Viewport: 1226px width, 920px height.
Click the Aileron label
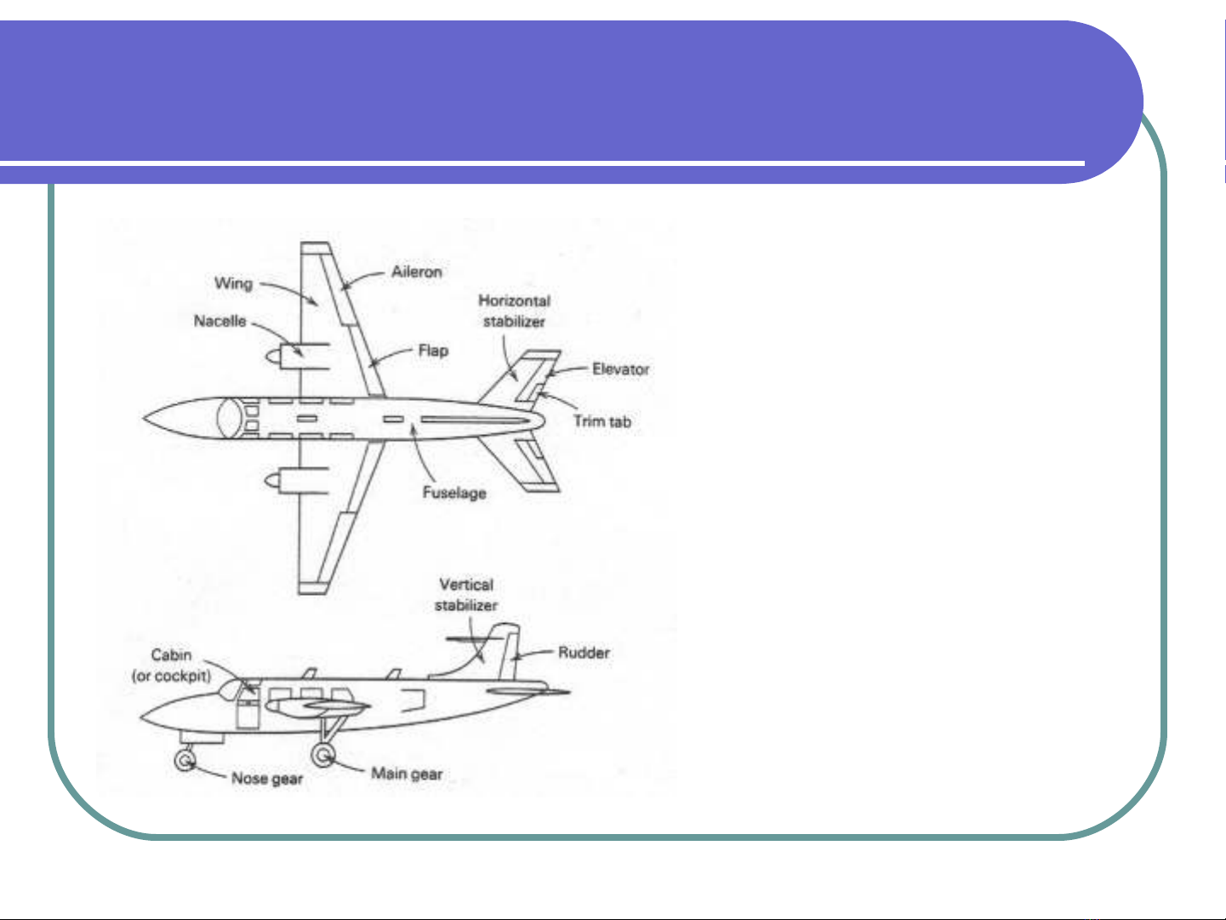pyautogui.click(x=417, y=272)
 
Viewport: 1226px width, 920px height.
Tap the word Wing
pyautogui.click(x=233, y=283)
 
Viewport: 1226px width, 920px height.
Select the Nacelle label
pyautogui.click(x=220, y=321)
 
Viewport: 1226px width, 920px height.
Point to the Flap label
pyautogui.click(x=433, y=351)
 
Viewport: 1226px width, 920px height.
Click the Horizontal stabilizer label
pyautogui.click(x=515, y=311)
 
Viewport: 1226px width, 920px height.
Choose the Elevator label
pyautogui.click(x=620, y=369)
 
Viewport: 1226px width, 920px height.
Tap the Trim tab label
pyautogui.click(x=602, y=421)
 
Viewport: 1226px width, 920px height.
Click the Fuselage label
pyautogui.click(x=454, y=493)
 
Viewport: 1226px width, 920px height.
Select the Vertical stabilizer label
pyautogui.click(x=466, y=595)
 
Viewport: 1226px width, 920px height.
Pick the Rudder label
pyautogui.click(x=584, y=653)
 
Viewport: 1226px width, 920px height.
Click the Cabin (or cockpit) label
pyautogui.click(x=172, y=666)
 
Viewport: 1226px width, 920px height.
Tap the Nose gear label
pyautogui.click(x=267, y=779)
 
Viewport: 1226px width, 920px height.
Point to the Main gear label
pyautogui.click(x=407, y=774)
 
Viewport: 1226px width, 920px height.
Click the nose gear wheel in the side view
pyautogui.click(x=185, y=760)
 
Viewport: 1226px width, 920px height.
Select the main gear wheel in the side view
pyautogui.click(x=322, y=755)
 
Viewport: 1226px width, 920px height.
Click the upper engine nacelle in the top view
pyautogui.click(x=297, y=357)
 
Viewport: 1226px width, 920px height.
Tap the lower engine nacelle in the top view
pyautogui.click(x=297, y=480)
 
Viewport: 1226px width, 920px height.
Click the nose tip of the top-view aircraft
pyautogui.click(x=143, y=418)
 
